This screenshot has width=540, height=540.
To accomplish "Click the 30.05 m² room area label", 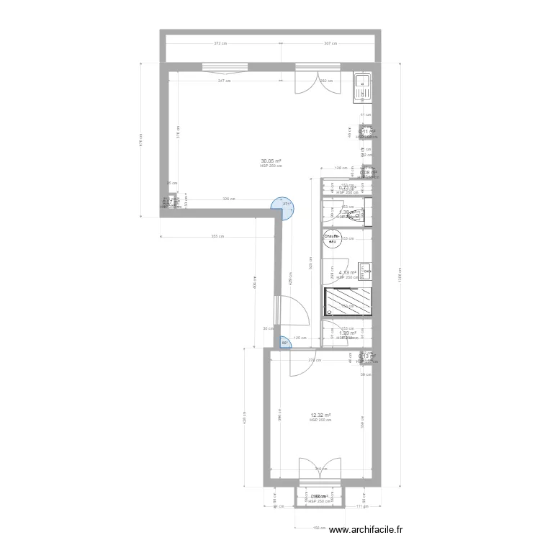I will (x=271, y=161).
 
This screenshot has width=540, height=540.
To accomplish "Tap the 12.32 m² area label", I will (x=320, y=415).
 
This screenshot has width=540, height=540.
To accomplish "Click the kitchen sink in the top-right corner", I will (x=361, y=86).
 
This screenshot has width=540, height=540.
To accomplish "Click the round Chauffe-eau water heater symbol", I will (x=332, y=238).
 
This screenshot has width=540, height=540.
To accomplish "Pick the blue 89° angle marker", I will (x=285, y=343).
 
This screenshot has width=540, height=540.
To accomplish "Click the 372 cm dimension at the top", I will (x=220, y=44).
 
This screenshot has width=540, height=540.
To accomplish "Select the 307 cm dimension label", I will (x=330, y=44).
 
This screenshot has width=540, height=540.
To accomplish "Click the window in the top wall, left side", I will (x=225, y=67).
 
